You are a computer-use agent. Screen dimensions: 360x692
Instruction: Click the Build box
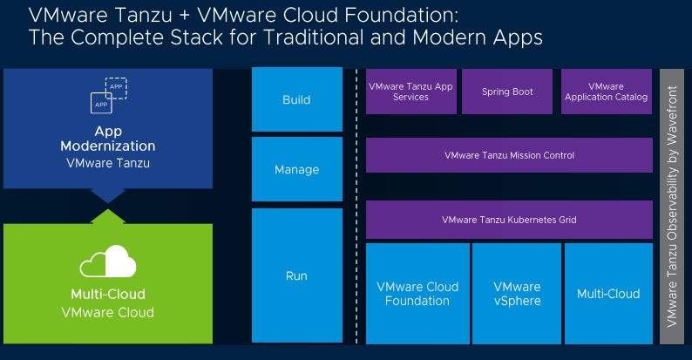pos(296,99)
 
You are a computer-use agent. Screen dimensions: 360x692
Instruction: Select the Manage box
pos(296,169)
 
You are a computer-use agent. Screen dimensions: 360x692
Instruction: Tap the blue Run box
pos(296,275)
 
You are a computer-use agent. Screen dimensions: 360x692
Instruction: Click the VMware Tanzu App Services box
pos(410,92)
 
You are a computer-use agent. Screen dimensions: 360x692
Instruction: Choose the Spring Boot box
pos(507,92)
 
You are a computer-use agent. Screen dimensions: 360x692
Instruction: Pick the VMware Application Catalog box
pos(606,92)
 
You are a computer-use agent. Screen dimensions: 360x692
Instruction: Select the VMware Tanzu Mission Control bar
pos(509,155)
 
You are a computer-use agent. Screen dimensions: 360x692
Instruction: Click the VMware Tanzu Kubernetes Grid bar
pos(509,220)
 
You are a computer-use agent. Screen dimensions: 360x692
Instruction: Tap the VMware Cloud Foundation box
pos(417,294)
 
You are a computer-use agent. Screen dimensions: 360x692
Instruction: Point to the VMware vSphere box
pos(517,294)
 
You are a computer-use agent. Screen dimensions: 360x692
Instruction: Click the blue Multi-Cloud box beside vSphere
pos(608,294)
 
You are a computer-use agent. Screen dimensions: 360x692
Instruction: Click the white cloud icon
pos(107,262)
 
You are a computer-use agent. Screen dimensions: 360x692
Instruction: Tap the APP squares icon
pos(108,96)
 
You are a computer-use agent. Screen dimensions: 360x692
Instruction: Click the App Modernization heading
pos(108,139)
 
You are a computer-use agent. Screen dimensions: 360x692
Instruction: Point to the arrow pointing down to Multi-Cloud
pos(108,194)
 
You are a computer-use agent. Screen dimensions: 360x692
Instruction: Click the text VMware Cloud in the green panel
pos(108,312)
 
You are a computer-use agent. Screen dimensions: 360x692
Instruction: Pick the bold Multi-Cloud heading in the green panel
pos(108,294)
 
